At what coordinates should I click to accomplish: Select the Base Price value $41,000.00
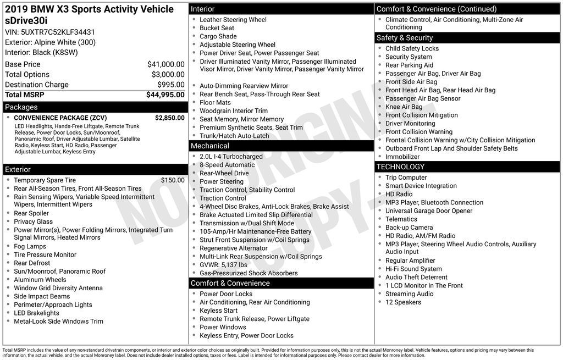point(165,64)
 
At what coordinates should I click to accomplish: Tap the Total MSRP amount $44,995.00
point(165,95)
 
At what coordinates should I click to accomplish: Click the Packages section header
point(21,107)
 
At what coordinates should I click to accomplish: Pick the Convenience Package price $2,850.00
point(169,118)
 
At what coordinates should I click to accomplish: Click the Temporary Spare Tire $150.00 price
point(173,180)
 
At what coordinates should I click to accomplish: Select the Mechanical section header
point(209,146)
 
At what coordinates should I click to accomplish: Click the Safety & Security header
point(404,38)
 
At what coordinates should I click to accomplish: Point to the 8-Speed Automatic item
point(227,165)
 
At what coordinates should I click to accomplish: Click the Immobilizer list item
point(402,157)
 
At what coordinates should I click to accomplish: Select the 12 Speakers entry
point(403,302)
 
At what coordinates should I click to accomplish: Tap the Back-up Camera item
point(409,228)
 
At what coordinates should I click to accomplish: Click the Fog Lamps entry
point(30,246)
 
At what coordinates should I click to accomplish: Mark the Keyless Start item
point(219,311)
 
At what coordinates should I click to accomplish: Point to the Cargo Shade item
point(218,36)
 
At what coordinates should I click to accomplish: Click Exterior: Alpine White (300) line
point(50,42)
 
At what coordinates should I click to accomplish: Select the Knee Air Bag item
point(404,107)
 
